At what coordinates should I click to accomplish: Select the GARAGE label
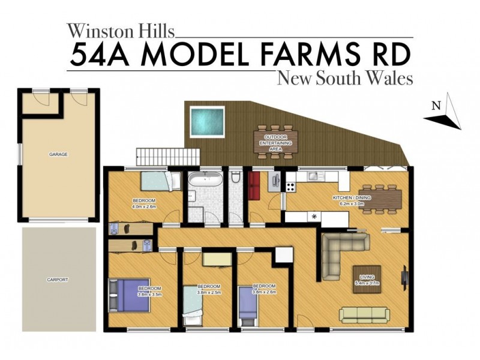click(58, 154)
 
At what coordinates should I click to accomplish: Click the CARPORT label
click(58, 280)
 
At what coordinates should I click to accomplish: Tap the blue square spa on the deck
click(207, 121)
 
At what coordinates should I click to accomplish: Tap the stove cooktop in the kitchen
click(290, 183)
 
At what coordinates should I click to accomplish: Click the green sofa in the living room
click(363, 314)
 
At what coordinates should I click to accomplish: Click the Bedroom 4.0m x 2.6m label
click(144, 203)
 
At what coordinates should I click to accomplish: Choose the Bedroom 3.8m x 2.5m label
click(209, 289)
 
